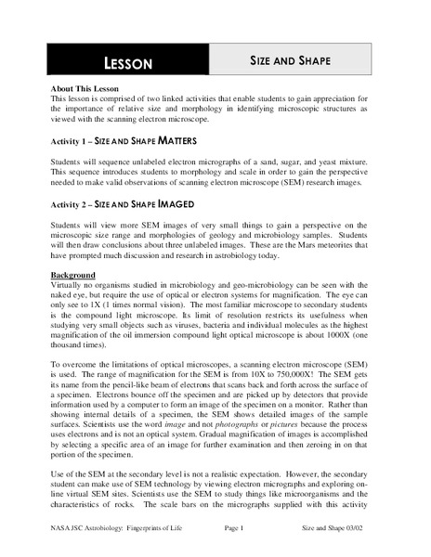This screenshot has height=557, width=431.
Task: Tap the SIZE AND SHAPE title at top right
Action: (x=290, y=60)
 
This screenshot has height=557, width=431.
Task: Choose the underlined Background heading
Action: (x=76, y=277)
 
